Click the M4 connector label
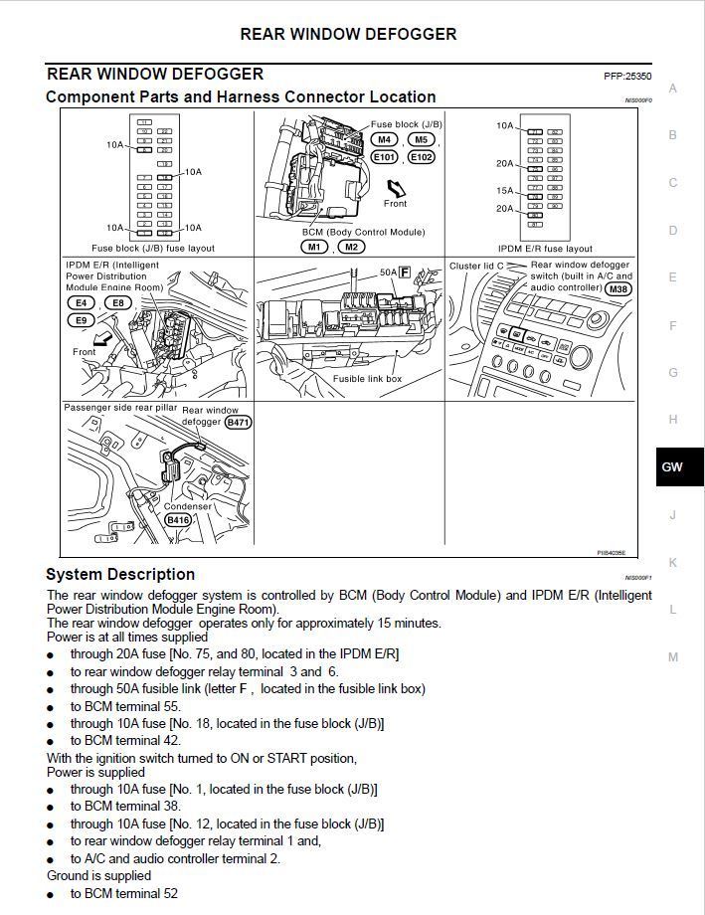[384, 140]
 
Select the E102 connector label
[421, 157]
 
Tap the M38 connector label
[618, 288]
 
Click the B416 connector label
[178, 519]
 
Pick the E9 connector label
[80, 320]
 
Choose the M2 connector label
[350, 247]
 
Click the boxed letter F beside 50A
[405, 271]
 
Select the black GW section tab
[672, 466]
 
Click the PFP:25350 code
[626, 76]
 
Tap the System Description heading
[120, 574]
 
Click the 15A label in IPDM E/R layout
[504, 190]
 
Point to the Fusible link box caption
[367, 379]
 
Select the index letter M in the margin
[673, 656]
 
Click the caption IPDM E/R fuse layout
[545, 249]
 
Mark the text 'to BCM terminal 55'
[124, 706]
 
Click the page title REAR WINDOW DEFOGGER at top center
[348, 34]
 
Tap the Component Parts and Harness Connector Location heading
[241, 96]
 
